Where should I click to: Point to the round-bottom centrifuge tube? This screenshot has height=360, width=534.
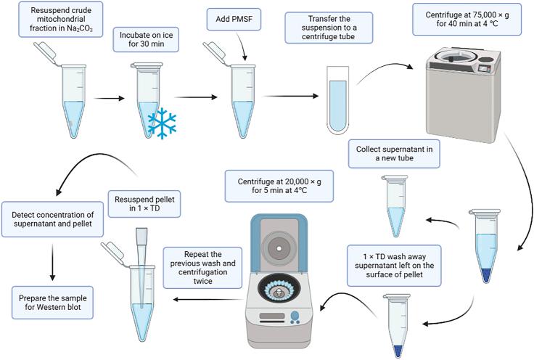coord(337,105)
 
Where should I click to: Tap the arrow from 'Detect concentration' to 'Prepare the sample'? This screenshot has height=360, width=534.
coord(52,260)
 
